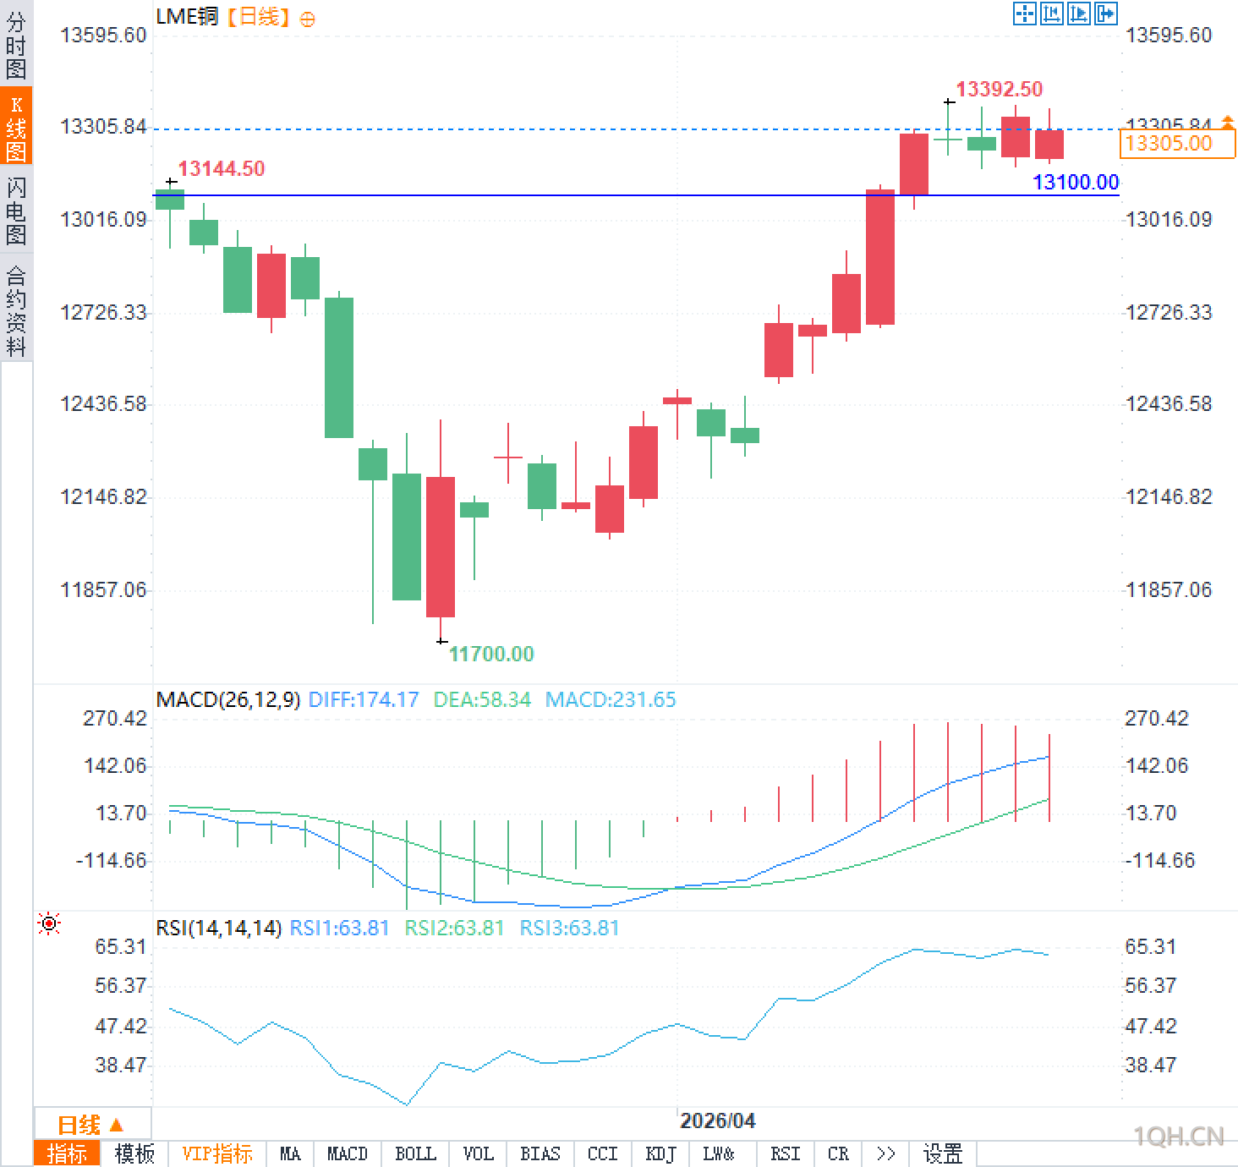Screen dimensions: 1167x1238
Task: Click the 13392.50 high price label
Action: tap(999, 89)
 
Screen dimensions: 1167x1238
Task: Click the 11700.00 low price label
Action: tap(491, 654)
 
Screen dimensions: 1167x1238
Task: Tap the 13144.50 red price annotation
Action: tap(221, 168)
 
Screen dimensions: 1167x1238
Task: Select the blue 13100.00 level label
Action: tap(1075, 182)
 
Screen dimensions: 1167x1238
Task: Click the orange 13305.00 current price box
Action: tap(1175, 143)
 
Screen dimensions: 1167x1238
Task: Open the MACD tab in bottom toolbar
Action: tap(347, 1153)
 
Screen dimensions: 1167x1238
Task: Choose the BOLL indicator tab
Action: tap(415, 1153)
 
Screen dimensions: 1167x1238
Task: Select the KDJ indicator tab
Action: tap(660, 1153)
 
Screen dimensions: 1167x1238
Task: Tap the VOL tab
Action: tap(478, 1153)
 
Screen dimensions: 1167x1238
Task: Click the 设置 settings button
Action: tap(943, 1153)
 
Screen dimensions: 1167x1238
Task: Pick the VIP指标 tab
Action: tap(217, 1153)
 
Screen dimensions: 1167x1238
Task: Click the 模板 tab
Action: tap(134, 1153)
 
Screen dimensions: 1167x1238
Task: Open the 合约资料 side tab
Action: tap(16, 310)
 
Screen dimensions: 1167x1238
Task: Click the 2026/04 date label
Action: tap(717, 1120)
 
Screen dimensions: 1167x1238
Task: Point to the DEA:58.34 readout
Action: tap(482, 699)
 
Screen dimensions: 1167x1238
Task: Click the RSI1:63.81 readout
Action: tap(339, 928)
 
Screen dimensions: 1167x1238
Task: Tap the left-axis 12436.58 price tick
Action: tap(103, 403)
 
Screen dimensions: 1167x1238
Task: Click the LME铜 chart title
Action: tap(187, 16)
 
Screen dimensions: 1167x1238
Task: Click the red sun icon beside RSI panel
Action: tap(49, 923)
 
